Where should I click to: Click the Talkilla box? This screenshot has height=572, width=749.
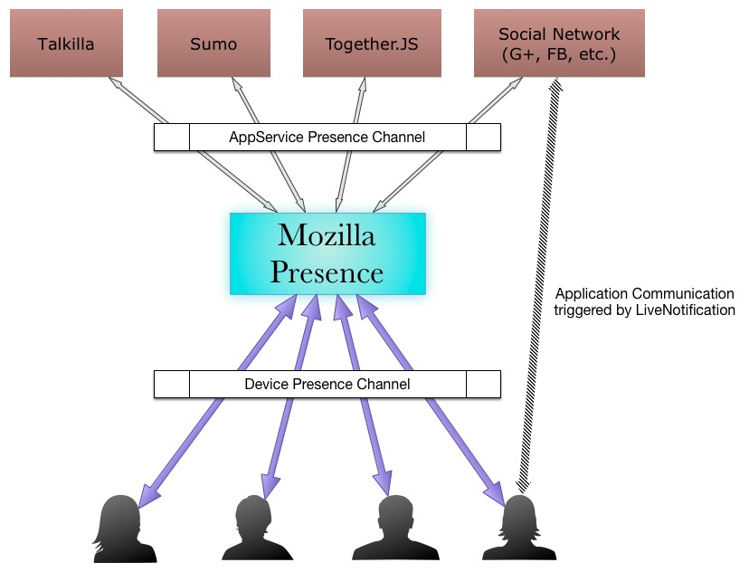tap(66, 43)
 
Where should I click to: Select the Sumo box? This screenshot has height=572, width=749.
tap(213, 43)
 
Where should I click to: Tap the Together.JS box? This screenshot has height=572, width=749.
tap(372, 43)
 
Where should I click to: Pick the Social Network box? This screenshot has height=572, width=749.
tap(559, 43)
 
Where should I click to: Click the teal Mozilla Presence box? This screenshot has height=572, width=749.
tap(327, 253)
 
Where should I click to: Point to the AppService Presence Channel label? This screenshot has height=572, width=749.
tap(327, 138)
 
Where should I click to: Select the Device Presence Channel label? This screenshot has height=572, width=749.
tap(327, 385)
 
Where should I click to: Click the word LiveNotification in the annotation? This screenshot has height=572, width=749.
tap(685, 310)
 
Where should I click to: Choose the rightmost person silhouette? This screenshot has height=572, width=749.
tap(519, 528)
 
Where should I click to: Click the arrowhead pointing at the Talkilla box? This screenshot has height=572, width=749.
tap(116, 83)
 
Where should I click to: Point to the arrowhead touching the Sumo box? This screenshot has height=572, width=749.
tap(237, 84)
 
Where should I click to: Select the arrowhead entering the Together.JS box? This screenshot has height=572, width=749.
tap(363, 84)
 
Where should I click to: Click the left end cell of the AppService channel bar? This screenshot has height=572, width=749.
tap(172, 138)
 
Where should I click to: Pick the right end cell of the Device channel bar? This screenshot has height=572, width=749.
tap(483, 385)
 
